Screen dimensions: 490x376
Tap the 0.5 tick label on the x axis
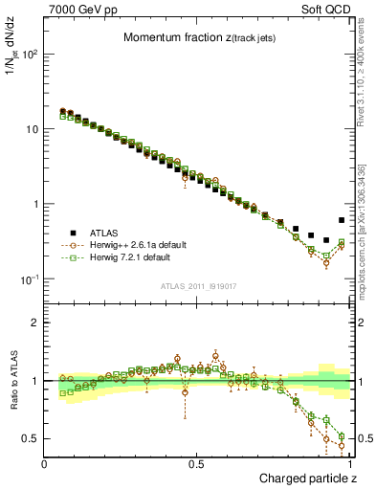197,463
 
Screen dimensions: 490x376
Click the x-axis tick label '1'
350,463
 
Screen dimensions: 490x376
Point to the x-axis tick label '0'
45,463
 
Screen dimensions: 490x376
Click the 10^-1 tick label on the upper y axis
28,278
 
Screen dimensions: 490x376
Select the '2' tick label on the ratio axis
34,323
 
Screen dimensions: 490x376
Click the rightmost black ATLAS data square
342,220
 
